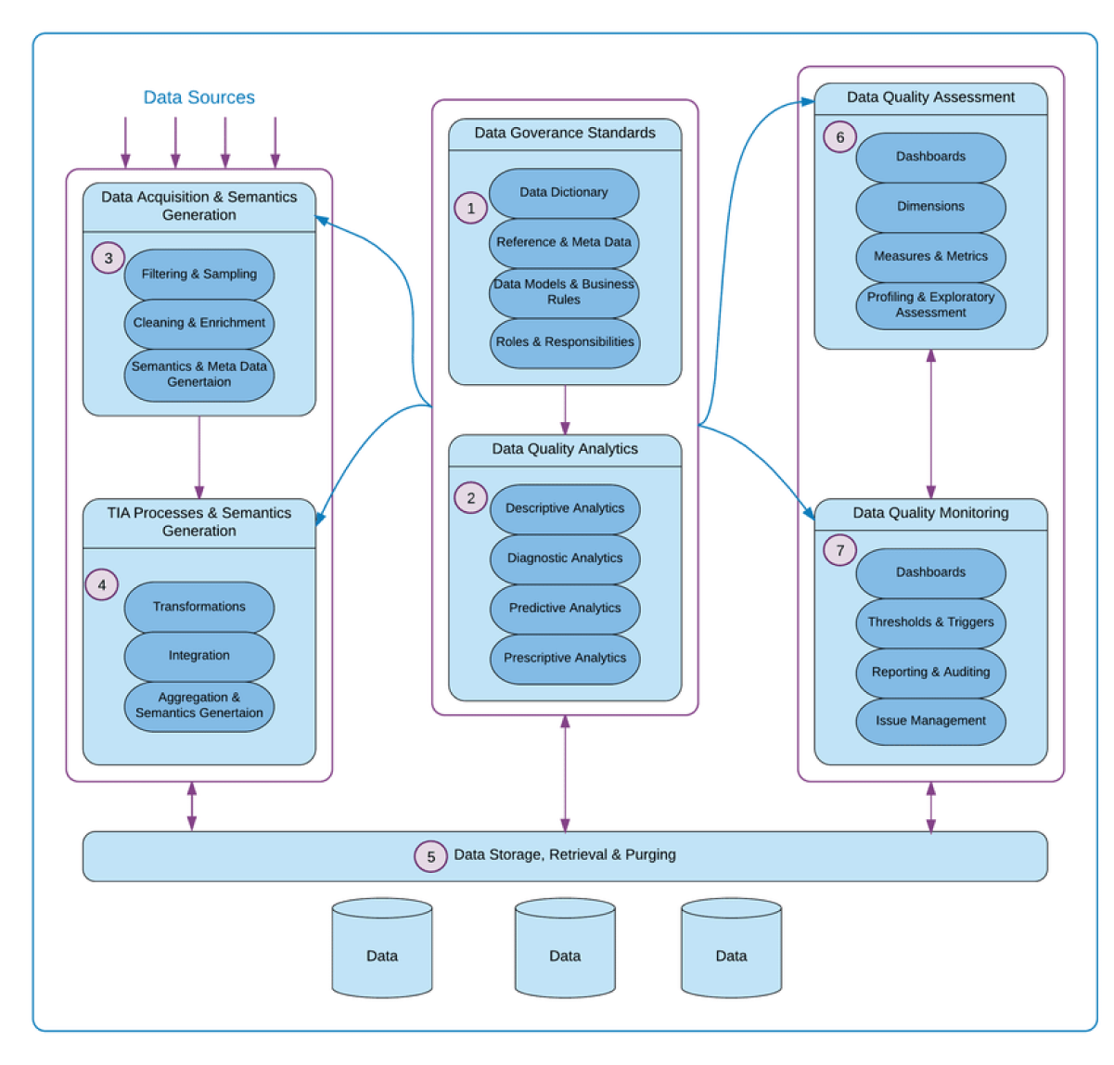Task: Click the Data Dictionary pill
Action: point(564,193)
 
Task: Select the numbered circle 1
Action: point(470,208)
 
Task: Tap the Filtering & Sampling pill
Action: point(198,275)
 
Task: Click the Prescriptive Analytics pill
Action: point(564,659)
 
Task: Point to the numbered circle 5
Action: point(430,856)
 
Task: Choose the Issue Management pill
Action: point(930,721)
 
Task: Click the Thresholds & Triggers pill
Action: point(930,622)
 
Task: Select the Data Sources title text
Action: point(198,97)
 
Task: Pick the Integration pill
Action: point(198,656)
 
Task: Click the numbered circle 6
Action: point(839,138)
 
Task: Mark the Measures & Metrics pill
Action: point(930,256)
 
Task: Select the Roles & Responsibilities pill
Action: point(564,342)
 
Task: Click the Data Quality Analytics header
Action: point(564,449)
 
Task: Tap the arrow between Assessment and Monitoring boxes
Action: point(930,424)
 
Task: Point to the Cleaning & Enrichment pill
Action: point(198,323)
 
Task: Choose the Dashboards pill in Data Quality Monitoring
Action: point(930,572)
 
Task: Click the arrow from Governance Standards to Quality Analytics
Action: point(565,409)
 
